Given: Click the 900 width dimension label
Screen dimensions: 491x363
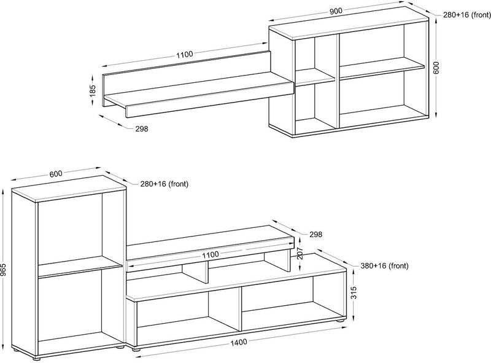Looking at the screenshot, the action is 335,11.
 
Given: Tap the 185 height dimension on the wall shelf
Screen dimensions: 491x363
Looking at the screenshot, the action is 93,90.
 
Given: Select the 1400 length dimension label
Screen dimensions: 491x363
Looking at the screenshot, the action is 238,342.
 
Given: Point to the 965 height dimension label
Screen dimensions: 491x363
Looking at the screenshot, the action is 3,270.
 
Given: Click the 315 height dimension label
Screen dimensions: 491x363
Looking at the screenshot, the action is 354,293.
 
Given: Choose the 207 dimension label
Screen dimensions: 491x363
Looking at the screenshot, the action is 300,253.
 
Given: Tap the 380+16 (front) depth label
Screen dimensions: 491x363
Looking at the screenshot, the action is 385,266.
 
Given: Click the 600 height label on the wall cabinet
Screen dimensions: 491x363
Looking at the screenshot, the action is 436,68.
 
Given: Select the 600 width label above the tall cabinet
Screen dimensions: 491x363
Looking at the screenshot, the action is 56,173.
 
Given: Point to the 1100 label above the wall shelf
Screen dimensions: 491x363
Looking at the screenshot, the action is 185,54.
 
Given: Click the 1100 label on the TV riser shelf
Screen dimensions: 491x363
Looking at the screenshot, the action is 210,254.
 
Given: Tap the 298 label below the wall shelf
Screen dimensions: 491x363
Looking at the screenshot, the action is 142,128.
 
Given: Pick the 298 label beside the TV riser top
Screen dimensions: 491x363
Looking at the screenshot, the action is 315,234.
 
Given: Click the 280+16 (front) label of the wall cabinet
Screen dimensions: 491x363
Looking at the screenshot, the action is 466,15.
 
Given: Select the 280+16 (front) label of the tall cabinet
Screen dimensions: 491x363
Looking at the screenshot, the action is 164,184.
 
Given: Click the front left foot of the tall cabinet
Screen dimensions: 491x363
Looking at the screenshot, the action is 36,357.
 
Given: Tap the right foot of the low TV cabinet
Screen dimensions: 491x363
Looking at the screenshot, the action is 340,321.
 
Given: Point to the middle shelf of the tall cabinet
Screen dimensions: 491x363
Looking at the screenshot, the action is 80,267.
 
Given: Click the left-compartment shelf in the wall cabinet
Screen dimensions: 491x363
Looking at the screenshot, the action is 315,77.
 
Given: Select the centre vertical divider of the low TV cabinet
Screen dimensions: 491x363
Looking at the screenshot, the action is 240,309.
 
